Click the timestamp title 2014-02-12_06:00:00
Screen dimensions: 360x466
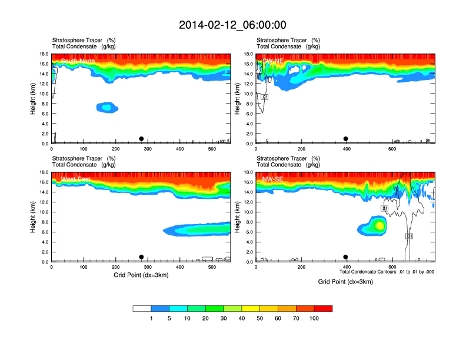[232, 25]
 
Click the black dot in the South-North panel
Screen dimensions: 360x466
[141, 139]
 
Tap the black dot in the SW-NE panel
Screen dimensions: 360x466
[346, 139]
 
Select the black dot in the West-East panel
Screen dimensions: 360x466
[141, 257]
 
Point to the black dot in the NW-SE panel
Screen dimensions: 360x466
[346, 257]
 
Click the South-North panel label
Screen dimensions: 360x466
[78, 61]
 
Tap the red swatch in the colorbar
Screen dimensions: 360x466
[322, 308]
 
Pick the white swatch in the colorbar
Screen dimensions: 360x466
[142, 308]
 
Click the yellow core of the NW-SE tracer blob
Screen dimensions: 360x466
[380, 225]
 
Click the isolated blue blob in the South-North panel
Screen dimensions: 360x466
[106, 107]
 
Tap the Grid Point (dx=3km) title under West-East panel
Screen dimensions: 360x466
[141, 275]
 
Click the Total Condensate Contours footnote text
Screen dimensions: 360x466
[387, 272]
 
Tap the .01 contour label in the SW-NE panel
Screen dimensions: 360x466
[265, 97]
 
